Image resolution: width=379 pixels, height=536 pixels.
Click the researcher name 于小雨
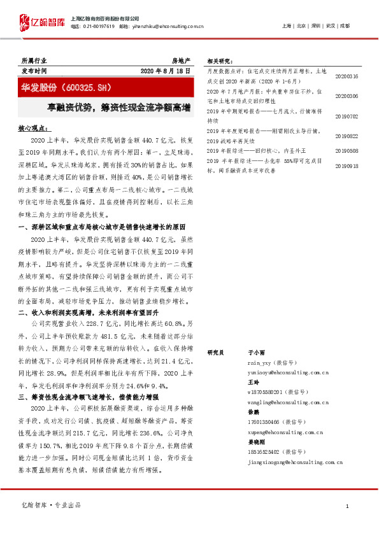pos(256,351)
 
